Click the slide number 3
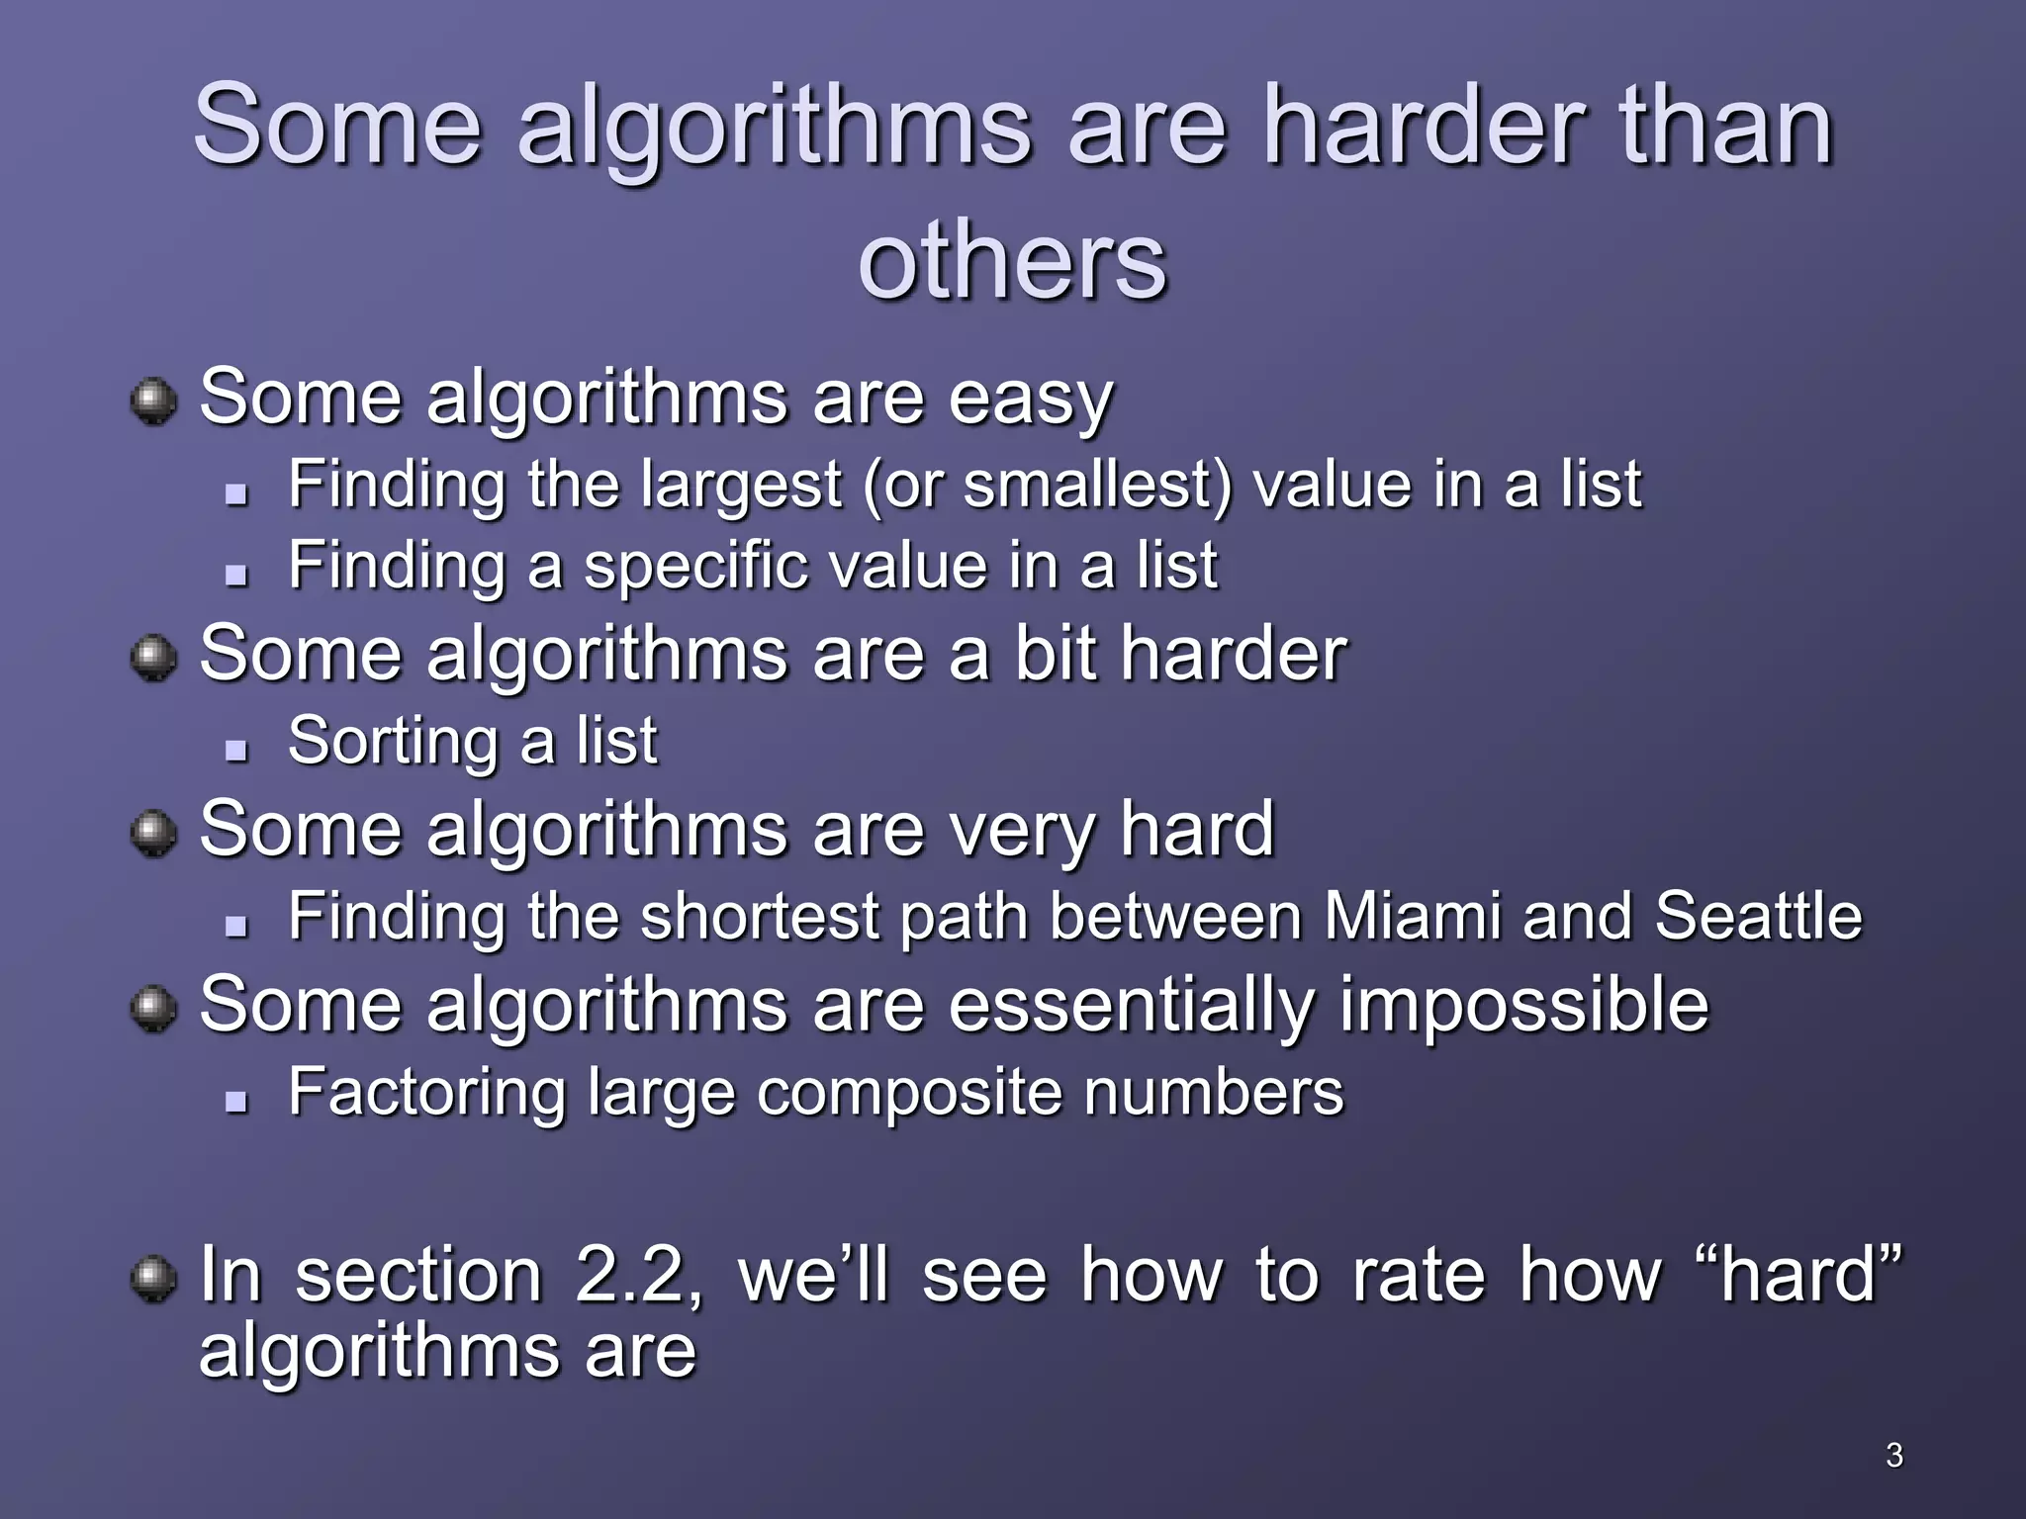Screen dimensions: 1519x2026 [x=1893, y=1455]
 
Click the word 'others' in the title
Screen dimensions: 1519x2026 [x=1012, y=262]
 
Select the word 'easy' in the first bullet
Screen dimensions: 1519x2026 [x=1030, y=401]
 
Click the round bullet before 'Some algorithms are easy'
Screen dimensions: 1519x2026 [x=153, y=402]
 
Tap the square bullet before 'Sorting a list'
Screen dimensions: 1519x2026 [x=235, y=749]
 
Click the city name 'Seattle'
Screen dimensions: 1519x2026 [x=1758, y=916]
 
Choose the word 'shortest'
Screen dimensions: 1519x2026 [x=760, y=916]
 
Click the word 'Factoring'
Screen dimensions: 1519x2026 [x=427, y=1093]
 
